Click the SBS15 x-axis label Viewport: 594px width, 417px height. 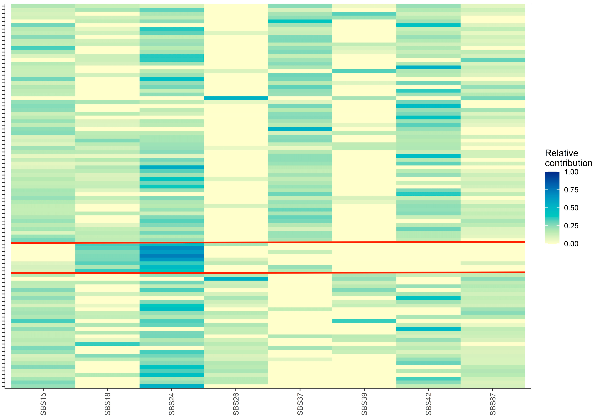pyautogui.click(x=43, y=404)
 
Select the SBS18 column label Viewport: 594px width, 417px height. pyautogui.click(x=107, y=404)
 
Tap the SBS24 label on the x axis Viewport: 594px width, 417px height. pyautogui.click(x=172, y=404)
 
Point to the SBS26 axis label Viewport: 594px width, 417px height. pyautogui.click(x=236, y=404)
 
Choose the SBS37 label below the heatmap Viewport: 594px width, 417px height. pyautogui.click(x=300, y=404)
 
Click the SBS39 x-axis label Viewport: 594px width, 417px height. pyautogui.click(x=364, y=404)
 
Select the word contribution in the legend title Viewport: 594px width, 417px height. pyautogui.click(x=568, y=163)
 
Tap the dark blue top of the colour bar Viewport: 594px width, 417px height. pyautogui.click(x=552, y=174)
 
